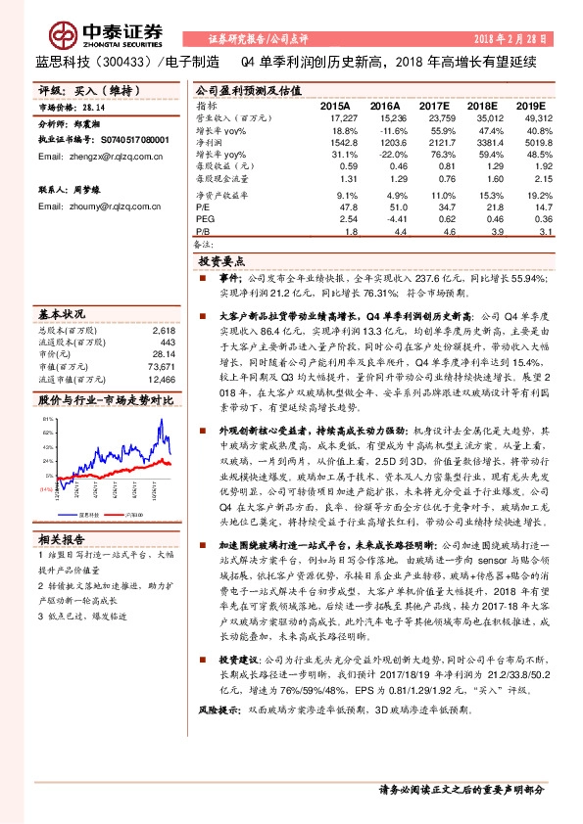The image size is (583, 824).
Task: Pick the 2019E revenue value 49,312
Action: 530,117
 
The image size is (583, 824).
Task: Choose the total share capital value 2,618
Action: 164,332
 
